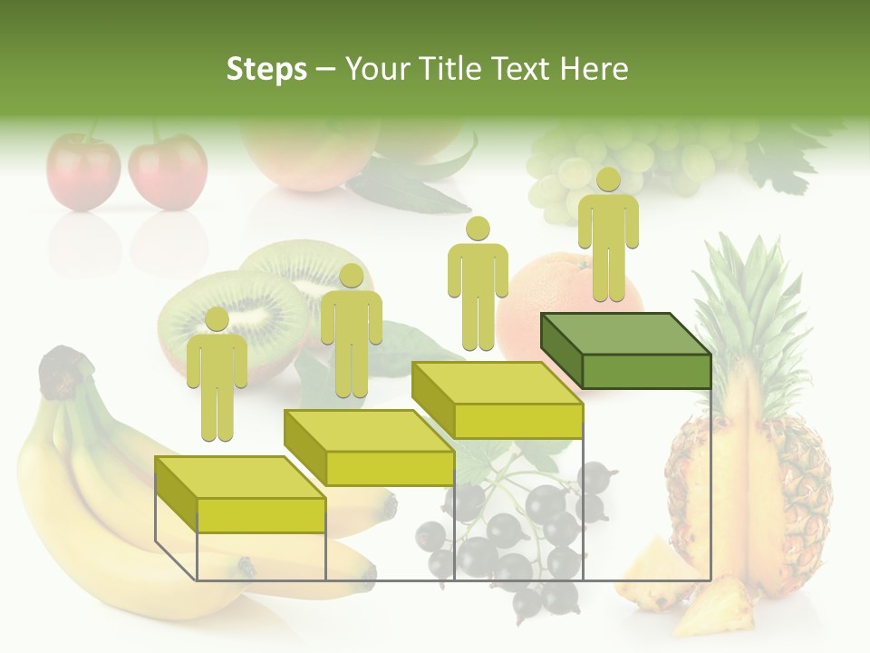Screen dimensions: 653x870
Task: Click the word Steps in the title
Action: click(x=266, y=70)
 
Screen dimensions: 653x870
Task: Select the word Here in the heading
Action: click(x=594, y=69)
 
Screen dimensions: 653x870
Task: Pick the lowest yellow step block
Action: click(x=240, y=494)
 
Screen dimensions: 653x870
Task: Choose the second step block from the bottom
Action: click(x=369, y=447)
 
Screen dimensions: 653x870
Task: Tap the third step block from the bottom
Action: click(x=497, y=400)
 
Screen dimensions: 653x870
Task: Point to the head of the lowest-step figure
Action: click(x=217, y=319)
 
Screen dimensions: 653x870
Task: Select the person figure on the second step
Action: click(x=351, y=331)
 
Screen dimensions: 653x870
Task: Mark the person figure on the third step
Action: click(x=478, y=284)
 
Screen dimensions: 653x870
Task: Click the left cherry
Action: click(x=82, y=171)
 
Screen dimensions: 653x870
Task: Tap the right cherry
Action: click(x=168, y=171)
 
